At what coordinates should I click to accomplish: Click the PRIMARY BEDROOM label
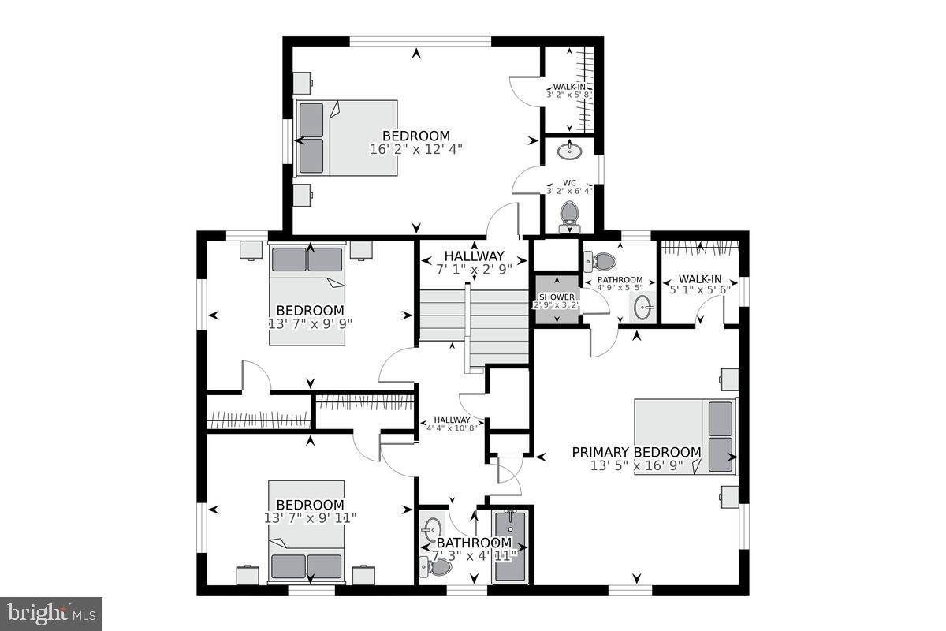(x=635, y=452)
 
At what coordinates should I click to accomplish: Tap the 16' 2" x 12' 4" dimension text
(x=416, y=148)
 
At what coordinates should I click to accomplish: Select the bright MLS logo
(x=51, y=613)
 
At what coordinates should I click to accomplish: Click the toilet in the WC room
(x=568, y=214)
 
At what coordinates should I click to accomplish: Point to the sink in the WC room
(x=569, y=150)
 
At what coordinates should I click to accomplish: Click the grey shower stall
(x=557, y=300)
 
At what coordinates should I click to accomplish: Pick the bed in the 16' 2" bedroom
(x=345, y=137)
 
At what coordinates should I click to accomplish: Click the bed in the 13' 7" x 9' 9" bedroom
(x=309, y=292)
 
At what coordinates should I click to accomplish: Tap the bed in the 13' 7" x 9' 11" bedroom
(x=307, y=532)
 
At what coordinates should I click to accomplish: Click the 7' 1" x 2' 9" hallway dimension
(x=474, y=269)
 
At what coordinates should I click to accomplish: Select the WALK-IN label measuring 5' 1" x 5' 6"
(x=700, y=279)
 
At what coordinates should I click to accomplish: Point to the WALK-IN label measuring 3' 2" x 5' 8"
(x=569, y=87)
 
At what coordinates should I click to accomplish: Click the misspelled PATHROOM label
(x=619, y=280)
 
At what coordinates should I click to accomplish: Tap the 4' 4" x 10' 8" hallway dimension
(x=450, y=428)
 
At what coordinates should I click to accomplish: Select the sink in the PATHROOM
(x=643, y=306)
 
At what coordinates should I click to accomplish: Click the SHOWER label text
(x=557, y=297)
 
